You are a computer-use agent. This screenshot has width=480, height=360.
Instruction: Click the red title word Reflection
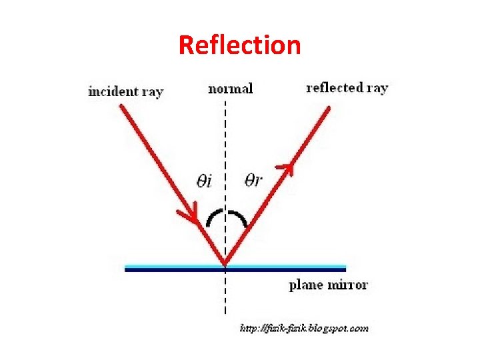point(240,45)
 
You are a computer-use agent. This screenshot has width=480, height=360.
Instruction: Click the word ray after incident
point(152,92)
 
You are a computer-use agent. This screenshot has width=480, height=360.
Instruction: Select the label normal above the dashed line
point(231,89)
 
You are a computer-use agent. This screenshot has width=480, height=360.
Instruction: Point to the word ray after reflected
point(377,89)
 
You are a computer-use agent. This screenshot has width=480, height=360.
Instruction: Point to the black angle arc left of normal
point(213,220)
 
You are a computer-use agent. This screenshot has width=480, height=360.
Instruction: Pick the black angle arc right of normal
point(239,220)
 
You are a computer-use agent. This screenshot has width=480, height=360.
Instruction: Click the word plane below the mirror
point(306,285)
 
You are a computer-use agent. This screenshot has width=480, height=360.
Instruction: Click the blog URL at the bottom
point(304,328)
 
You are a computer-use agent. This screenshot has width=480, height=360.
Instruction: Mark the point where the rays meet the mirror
point(225,265)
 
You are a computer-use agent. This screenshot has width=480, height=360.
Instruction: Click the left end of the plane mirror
point(127,268)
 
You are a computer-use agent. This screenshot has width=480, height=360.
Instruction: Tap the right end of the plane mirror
point(345,268)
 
